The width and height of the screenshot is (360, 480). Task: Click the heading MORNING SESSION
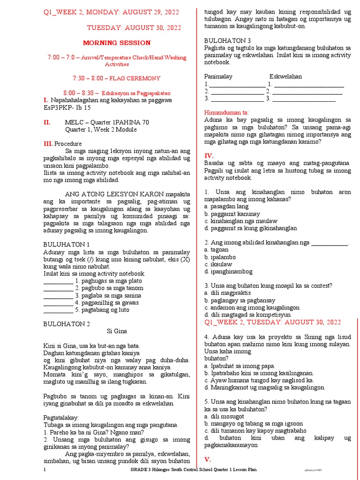(x=117, y=43)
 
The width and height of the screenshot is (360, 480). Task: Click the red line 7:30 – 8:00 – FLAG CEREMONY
(x=117, y=78)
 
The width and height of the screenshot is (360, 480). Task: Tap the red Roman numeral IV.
(x=209, y=156)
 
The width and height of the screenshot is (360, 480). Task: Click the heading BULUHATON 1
(x=66, y=245)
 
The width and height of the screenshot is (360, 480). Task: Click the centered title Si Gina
(x=117, y=331)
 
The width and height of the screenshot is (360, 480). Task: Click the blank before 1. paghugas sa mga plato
(x=58, y=281)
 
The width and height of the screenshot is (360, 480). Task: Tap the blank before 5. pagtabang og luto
(x=58, y=310)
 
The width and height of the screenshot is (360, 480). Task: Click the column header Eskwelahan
(x=285, y=76)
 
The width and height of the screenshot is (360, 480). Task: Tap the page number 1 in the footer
(x=45, y=470)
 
